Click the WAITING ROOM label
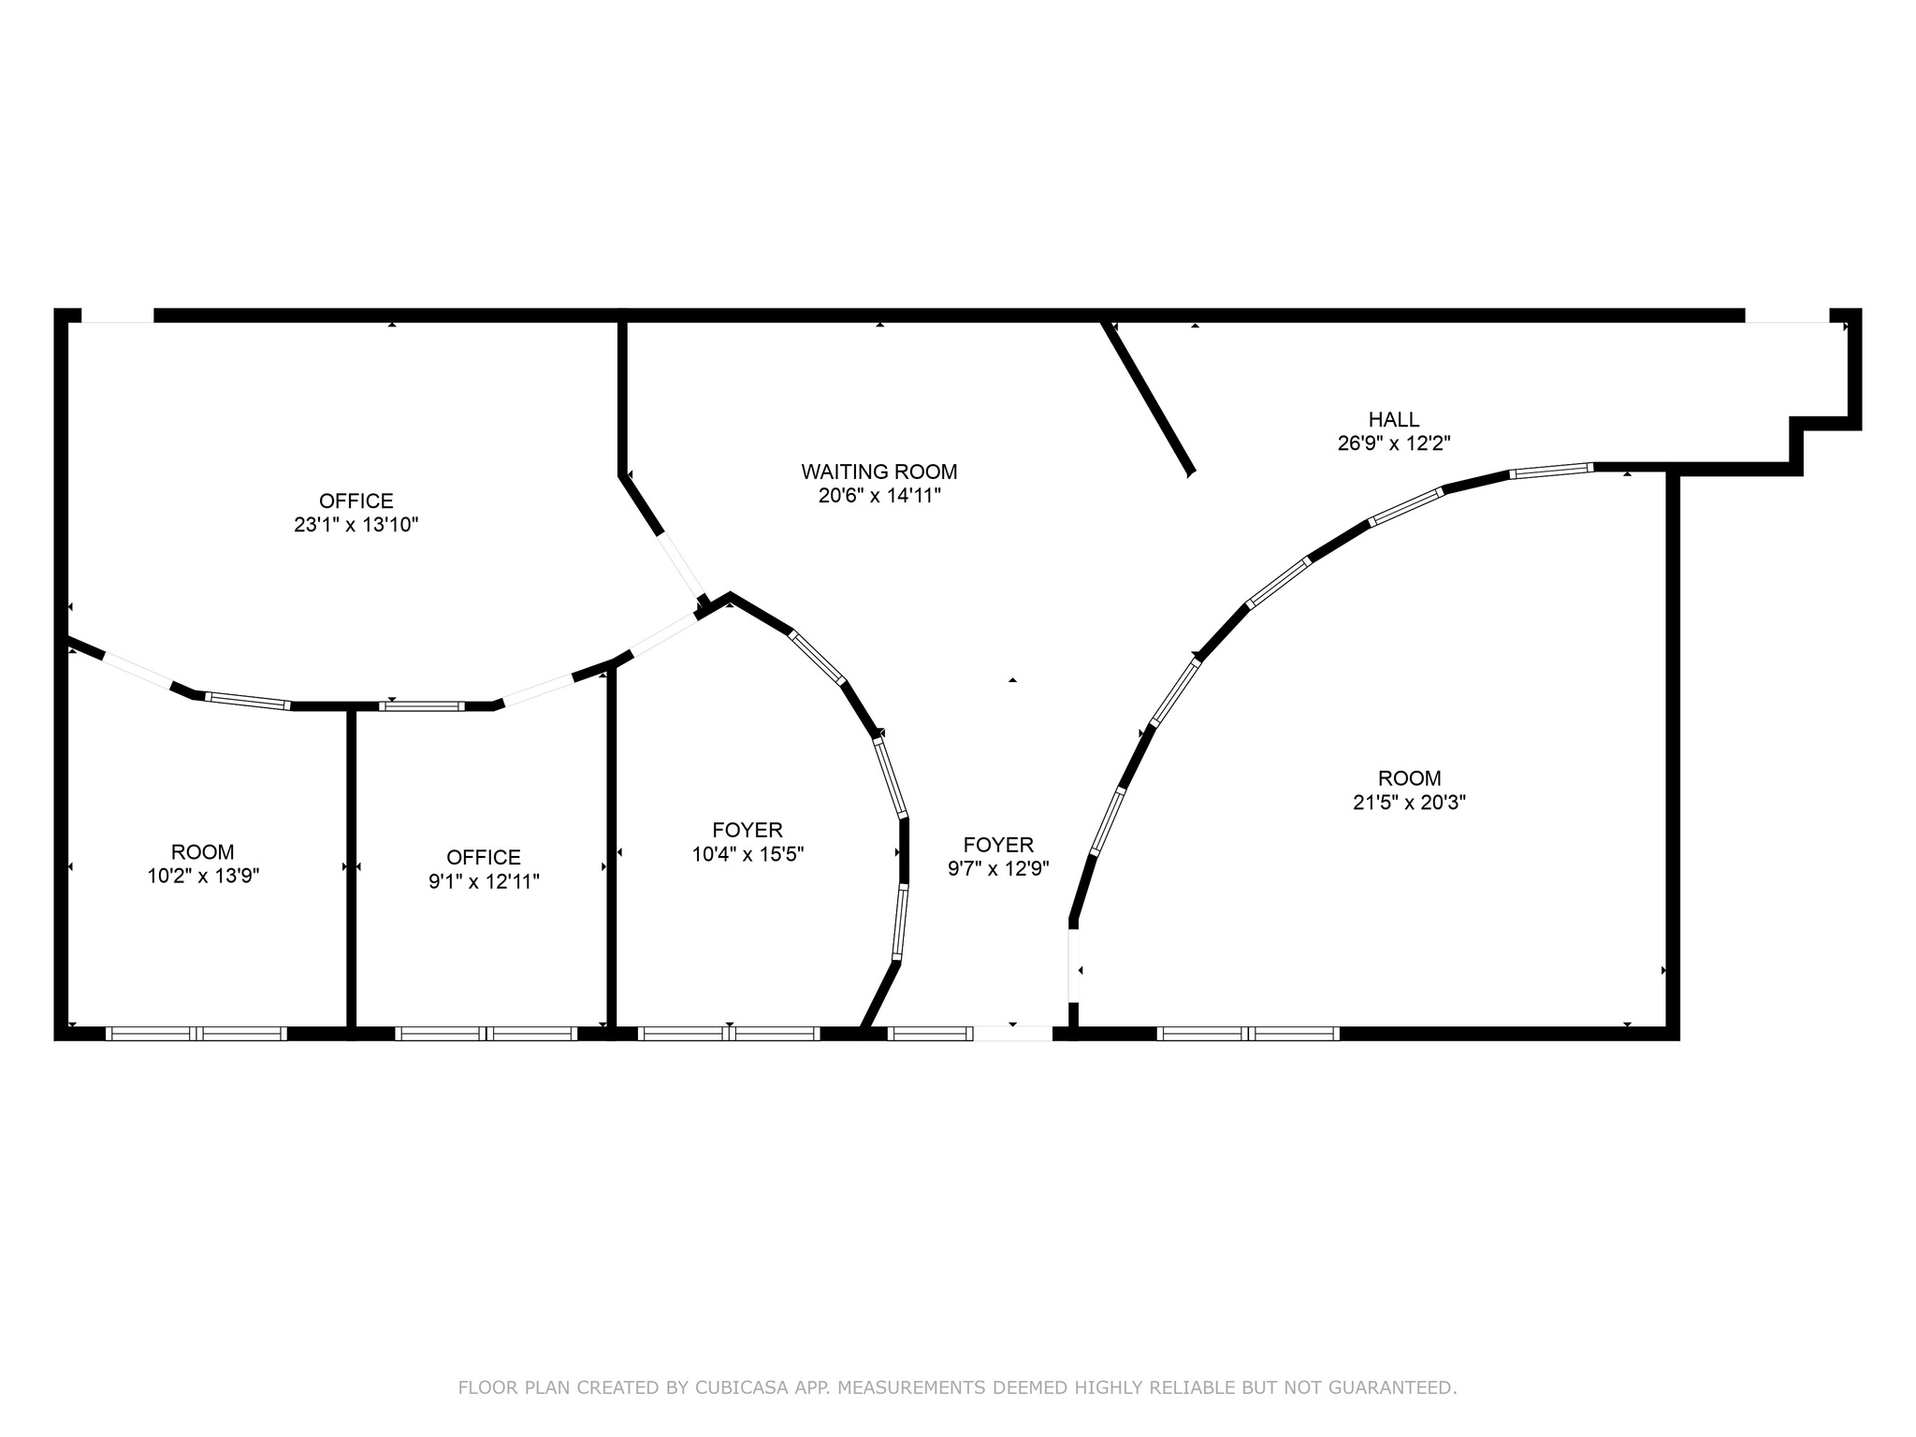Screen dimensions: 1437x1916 click(878, 472)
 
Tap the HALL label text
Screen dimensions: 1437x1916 click(1393, 419)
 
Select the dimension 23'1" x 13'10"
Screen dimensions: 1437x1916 click(356, 525)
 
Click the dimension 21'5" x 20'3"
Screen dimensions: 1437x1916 click(1409, 802)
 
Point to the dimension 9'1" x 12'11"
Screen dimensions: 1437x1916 click(484, 881)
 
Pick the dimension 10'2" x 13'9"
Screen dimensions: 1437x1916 click(203, 876)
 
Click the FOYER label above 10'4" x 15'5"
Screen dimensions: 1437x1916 click(747, 830)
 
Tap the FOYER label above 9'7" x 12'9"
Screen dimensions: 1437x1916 click(998, 845)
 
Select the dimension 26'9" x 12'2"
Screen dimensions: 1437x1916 click(1393, 443)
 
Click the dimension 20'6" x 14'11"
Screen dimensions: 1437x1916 click(878, 496)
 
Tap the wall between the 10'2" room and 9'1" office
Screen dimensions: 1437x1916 click(352, 870)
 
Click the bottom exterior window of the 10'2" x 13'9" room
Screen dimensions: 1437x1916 click(196, 1034)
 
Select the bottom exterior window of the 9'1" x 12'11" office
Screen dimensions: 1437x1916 click(485, 1034)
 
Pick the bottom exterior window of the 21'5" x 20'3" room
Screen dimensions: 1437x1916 click(1248, 1034)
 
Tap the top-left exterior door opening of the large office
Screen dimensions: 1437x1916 click(117, 316)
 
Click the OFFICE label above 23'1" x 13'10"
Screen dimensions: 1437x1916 click(356, 501)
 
